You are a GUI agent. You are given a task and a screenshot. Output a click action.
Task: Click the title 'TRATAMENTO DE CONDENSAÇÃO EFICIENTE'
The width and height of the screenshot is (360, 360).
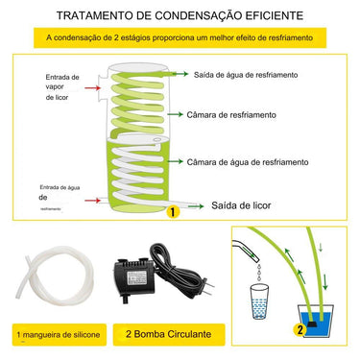point(180,16)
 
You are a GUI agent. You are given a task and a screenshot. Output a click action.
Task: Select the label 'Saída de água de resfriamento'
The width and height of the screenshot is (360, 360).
point(252,74)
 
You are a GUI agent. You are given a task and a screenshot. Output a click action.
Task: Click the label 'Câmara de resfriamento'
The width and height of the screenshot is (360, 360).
point(236,114)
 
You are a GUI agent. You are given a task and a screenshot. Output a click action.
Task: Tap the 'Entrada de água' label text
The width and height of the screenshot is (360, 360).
point(60,188)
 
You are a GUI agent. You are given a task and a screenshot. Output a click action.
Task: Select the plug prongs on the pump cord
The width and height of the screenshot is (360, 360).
point(209,285)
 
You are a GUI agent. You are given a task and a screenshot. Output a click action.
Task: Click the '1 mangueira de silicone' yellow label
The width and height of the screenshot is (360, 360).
point(58,336)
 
